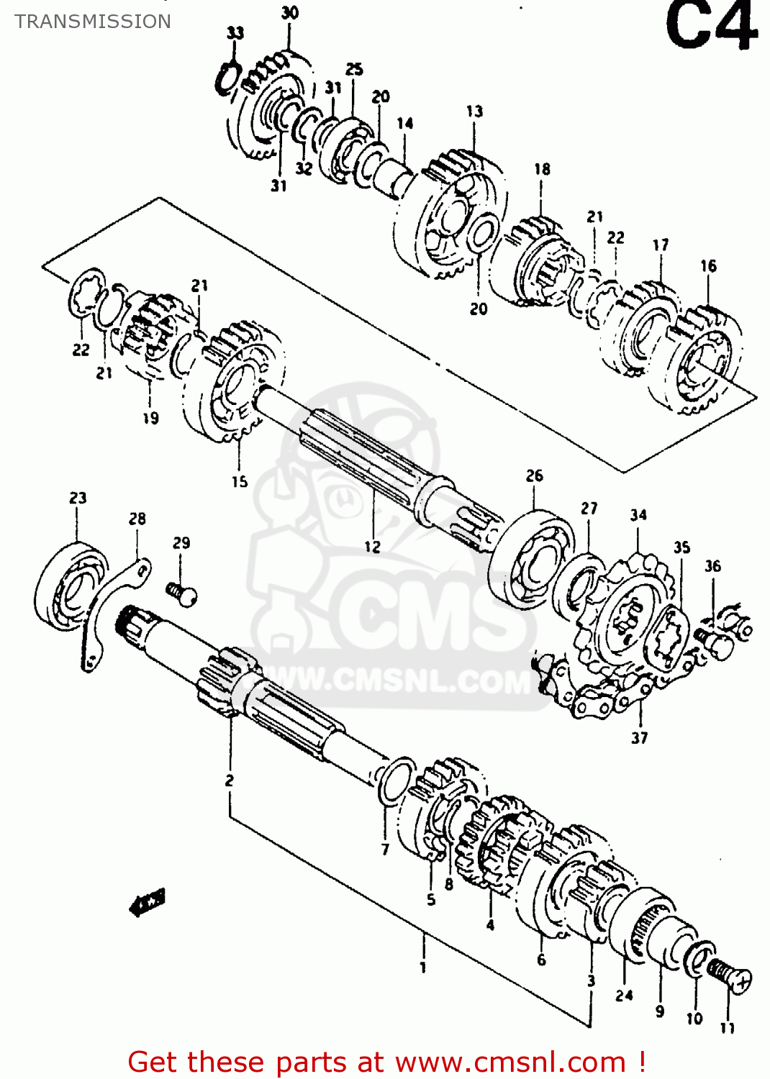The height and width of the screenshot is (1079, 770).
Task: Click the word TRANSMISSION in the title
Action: pos(93,22)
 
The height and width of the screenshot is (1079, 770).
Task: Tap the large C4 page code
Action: pos(710,27)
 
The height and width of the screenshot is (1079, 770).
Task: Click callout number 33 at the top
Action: pos(235,33)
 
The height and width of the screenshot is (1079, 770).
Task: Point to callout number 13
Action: pos(474,111)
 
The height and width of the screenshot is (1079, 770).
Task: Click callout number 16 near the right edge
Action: pos(708,266)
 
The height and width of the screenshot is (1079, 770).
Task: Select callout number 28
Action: pos(137,519)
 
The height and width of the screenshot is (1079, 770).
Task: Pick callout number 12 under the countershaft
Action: pos(372,547)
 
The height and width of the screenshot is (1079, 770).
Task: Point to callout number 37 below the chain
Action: pos(639,737)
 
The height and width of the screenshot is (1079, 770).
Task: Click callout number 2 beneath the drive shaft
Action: pos(229,780)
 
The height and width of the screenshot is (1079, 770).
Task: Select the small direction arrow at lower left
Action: pos(148,901)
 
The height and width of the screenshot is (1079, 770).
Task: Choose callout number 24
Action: pos(624,995)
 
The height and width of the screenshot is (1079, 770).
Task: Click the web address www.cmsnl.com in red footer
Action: pos(510,1062)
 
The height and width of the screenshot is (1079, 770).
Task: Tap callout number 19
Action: pos(150,418)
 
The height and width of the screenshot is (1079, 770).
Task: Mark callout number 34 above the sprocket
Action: pos(638,515)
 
